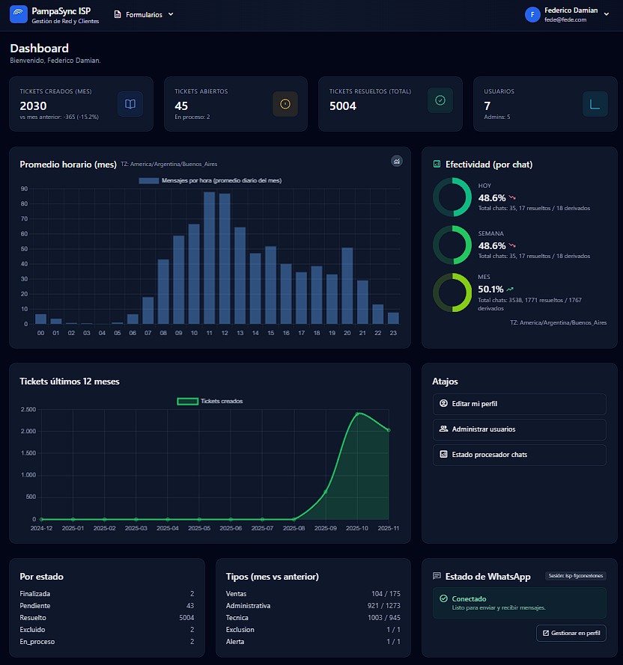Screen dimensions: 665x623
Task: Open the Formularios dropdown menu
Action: tap(143, 14)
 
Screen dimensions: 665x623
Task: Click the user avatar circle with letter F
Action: tap(532, 15)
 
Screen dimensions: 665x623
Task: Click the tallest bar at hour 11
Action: tap(210, 258)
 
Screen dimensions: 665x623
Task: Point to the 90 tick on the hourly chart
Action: tap(25, 189)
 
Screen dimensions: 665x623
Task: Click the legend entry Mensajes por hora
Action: tap(210, 180)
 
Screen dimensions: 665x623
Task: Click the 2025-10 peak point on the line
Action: tap(357, 413)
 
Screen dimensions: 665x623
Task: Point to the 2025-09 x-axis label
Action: tap(326, 528)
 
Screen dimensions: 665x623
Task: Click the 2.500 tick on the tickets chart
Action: tap(28, 409)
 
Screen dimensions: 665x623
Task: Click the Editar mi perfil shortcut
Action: tap(519, 404)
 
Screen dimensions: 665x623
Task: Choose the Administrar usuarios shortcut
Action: tap(519, 429)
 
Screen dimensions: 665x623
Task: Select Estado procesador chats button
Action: tap(519, 455)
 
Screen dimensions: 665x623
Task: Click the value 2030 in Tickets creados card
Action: tap(33, 105)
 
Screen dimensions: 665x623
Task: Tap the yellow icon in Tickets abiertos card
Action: tap(285, 104)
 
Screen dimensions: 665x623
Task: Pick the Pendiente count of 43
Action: tap(189, 605)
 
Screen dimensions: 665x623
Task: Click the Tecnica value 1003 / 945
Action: tap(386, 617)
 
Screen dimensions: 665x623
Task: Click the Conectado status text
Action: tap(469, 598)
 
